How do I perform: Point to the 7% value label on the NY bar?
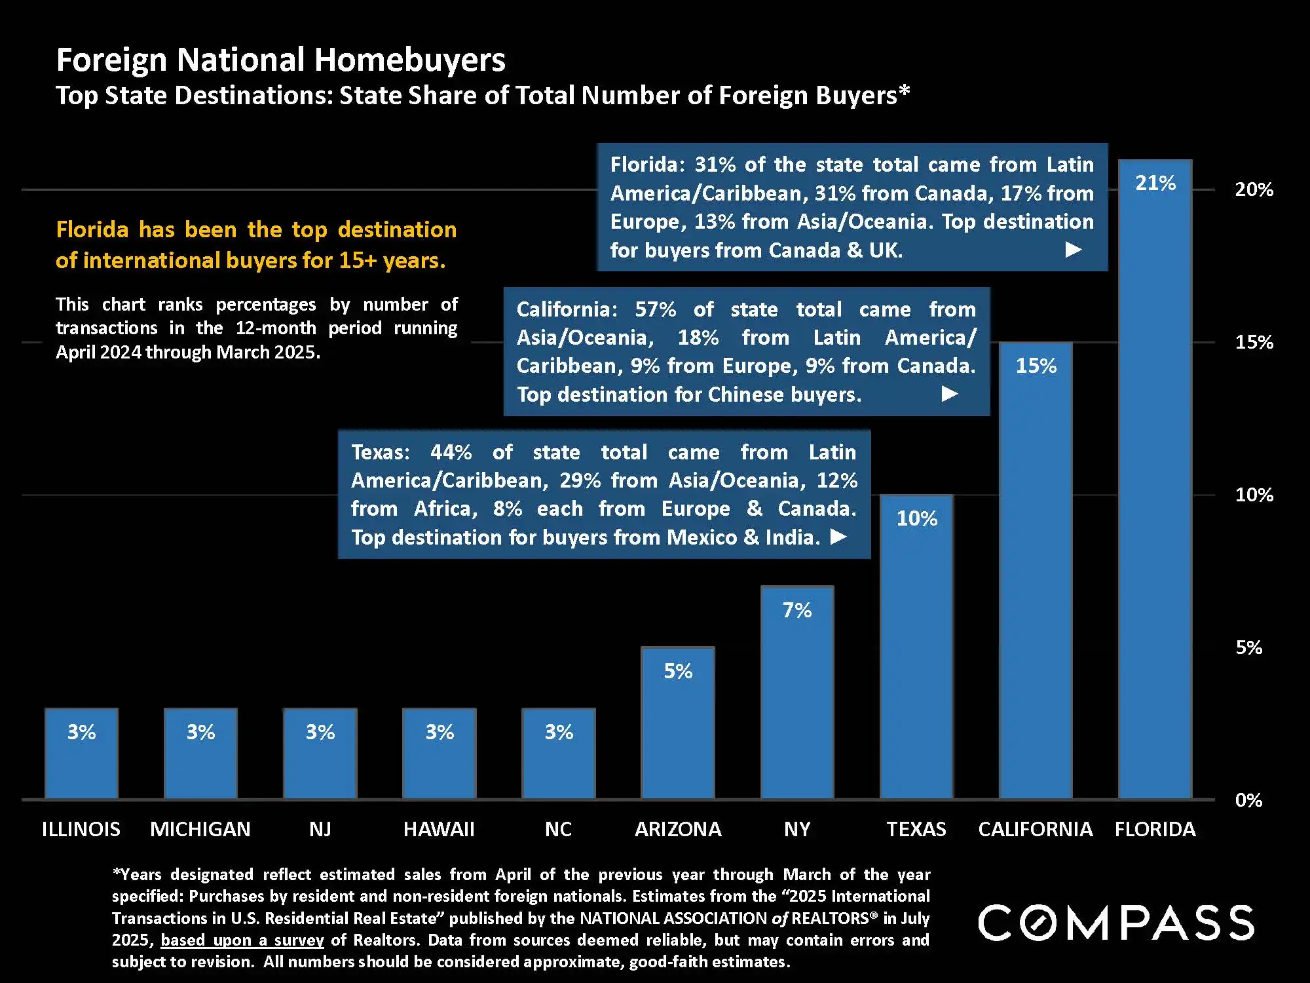click(x=797, y=611)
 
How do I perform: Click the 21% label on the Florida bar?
click(x=1155, y=183)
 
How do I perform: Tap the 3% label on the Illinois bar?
click(x=81, y=732)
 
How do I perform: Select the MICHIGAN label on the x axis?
click(x=200, y=829)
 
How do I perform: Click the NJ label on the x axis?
click(x=320, y=829)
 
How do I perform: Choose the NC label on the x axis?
click(x=559, y=829)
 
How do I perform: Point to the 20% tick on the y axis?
click(x=1254, y=190)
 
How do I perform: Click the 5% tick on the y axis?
click(x=1248, y=647)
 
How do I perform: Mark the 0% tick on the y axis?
click(x=1248, y=800)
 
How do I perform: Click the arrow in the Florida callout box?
click(x=1073, y=250)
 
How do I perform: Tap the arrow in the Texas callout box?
click(x=838, y=537)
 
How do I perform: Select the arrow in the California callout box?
click(x=950, y=394)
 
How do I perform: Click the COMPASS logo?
click(x=1116, y=923)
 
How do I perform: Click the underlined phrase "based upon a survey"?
click(x=242, y=940)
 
